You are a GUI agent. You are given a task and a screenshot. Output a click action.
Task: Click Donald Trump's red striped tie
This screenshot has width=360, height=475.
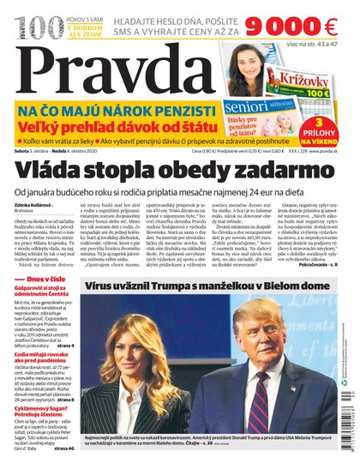(276, 407)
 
